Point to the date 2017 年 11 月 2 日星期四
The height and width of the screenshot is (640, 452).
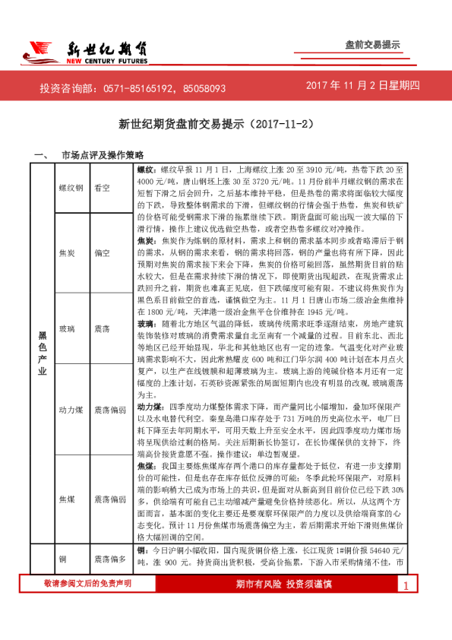(363, 86)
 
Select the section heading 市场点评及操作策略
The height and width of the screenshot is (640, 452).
(101, 155)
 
